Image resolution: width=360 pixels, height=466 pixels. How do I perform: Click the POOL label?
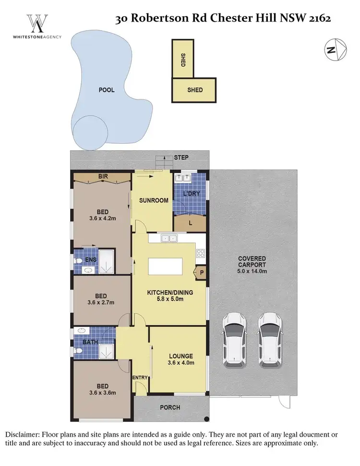click(x=107, y=90)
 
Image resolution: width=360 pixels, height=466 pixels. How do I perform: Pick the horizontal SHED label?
click(x=195, y=90)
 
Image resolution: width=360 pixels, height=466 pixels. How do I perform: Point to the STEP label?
click(x=181, y=158)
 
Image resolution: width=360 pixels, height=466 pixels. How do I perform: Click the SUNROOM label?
click(x=154, y=200)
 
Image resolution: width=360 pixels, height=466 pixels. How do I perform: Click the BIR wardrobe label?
click(x=103, y=177)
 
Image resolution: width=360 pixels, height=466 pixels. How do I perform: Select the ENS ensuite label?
click(x=91, y=260)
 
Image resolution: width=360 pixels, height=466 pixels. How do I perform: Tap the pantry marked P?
click(x=201, y=272)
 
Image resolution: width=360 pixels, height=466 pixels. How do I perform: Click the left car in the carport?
click(x=234, y=340)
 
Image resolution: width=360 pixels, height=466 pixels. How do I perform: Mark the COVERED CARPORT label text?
click(x=252, y=262)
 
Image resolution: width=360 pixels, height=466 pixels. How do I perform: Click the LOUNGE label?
click(x=181, y=356)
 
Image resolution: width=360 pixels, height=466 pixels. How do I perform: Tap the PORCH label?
click(x=170, y=407)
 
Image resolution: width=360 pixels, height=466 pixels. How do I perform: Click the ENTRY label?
click(x=140, y=378)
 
